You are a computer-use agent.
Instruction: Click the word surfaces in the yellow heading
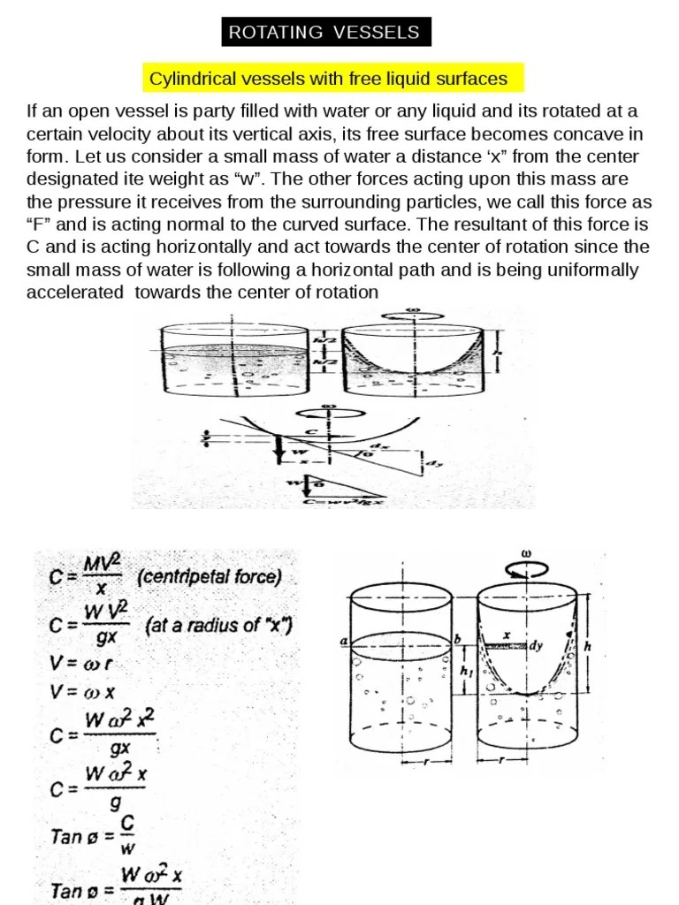pyautogui.click(x=472, y=80)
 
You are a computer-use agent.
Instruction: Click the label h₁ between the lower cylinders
pyautogui.click(x=465, y=671)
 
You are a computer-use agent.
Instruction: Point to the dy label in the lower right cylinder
pyautogui.click(x=536, y=646)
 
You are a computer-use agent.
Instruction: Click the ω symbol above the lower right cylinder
pyautogui.click(x=527, y=554)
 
